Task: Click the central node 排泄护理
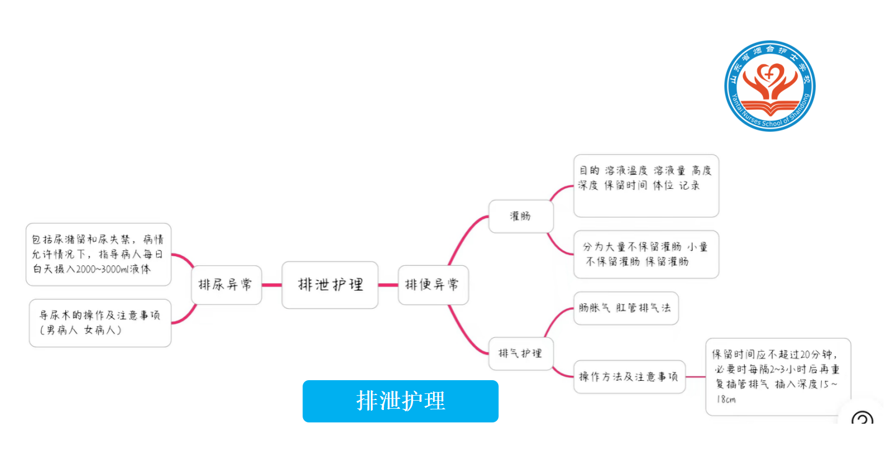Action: click(330, 285)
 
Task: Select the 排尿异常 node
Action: click(226, 285)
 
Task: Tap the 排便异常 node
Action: click(433, 285)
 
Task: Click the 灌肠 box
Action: click(521, 217)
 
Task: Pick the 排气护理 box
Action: click(521, 353)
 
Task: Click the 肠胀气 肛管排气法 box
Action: click(625, 308)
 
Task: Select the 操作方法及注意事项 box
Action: click(629, 376)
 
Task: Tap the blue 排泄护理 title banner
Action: click(400, 401)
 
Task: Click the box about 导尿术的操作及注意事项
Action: click(100, 323)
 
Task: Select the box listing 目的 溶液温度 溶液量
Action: click(645, 186)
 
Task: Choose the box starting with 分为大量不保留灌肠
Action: click(645, 255)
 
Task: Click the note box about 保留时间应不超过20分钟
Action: click(777, 376)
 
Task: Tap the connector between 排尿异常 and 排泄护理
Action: click(271, 285)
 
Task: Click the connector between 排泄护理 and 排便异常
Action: click(388, 285)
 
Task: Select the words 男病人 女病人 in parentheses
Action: click(81, 330)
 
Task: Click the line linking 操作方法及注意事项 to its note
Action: click(695, 376)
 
